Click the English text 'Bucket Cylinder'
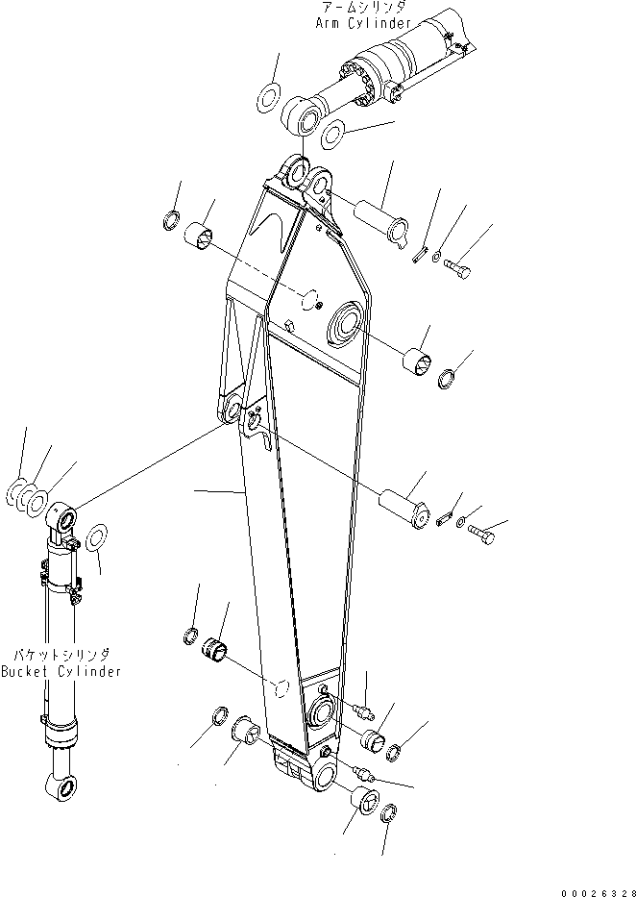tap(61, 671)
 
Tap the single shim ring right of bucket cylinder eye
tap(96, 537)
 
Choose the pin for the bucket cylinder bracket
tap(405, 506)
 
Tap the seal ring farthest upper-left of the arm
tap(170, 219)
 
